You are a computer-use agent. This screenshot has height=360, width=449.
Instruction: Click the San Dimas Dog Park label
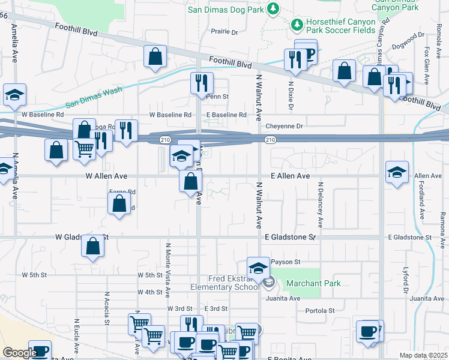(x=225, y=9)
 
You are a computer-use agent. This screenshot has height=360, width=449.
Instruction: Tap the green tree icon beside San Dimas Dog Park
(x=273, y=8)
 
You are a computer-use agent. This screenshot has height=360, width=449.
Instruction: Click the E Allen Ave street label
(x=289, y=176)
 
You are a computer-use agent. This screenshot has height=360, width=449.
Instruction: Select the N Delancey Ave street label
(x=321, y=205)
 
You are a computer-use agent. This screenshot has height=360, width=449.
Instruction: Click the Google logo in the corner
(x=19, y=353)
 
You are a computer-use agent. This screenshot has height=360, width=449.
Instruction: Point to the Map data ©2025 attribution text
(x=423, y=355)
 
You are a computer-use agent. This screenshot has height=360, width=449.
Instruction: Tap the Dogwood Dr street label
(x=412, y=36)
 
